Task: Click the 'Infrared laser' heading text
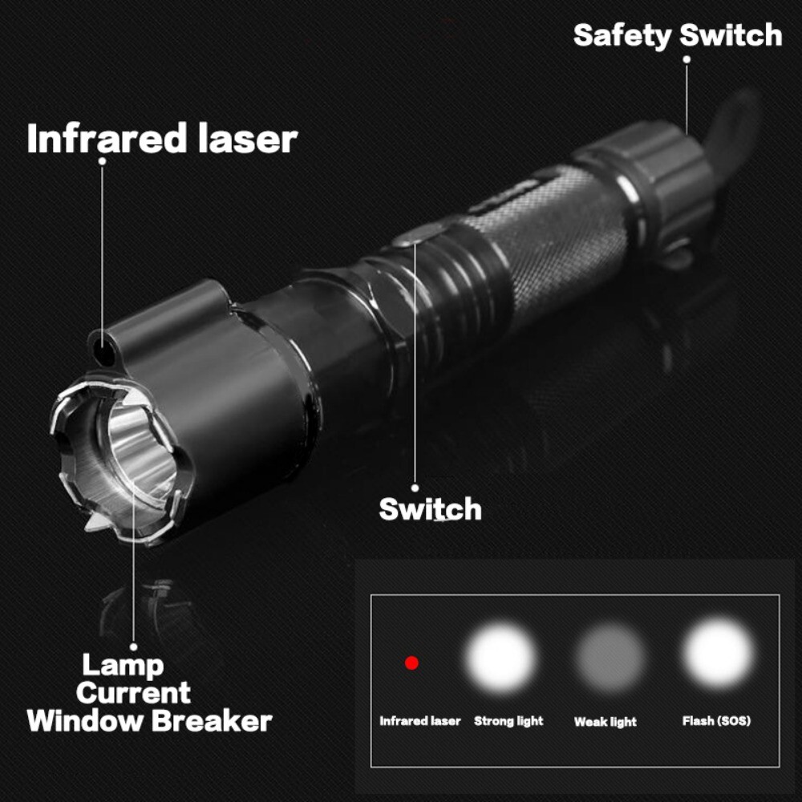tap(162, 139)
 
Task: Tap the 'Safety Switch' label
tap(678, 36)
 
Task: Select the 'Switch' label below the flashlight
tap(430, 509)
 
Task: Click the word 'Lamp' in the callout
tap(123, 665)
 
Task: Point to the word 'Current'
tap(134, 692)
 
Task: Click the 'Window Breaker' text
tap(149, 720)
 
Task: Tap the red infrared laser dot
tap(411, 663)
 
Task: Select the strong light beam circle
tap(503, 659)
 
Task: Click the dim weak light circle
tap(610, 659)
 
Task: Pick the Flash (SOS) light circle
tap(718, 654)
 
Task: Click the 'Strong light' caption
tap(508, 721)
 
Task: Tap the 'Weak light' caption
tap(606, 722)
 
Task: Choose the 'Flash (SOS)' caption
tap(716, 721)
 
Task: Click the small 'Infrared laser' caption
tap(420, 721)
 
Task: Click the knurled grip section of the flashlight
tap(553, 241)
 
